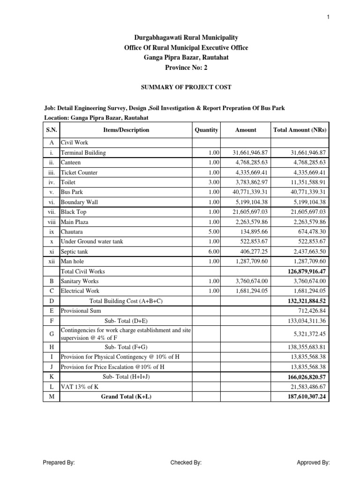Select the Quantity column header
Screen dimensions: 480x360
pyautogui.click(x=206, y=130)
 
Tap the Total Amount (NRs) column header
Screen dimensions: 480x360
pyautogui.click(x=300, y=130)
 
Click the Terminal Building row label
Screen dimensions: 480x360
pyautogui.click(x=83, y=153)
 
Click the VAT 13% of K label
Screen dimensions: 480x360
pyautogui.click(x=80, y=386)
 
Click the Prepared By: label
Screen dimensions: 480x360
pyautogui.click(x=59, y=463)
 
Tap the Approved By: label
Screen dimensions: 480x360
pyautogui.click(x=313, y=463)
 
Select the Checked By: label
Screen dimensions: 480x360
pyautogui.click(x=186, y=463)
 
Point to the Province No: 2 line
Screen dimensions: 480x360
pyautogui.click(x=180, y=67)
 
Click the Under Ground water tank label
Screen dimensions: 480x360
pyautogui.click(x=92, y=242)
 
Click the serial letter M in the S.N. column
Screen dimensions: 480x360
pyautogui.click(x=52, y=396)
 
